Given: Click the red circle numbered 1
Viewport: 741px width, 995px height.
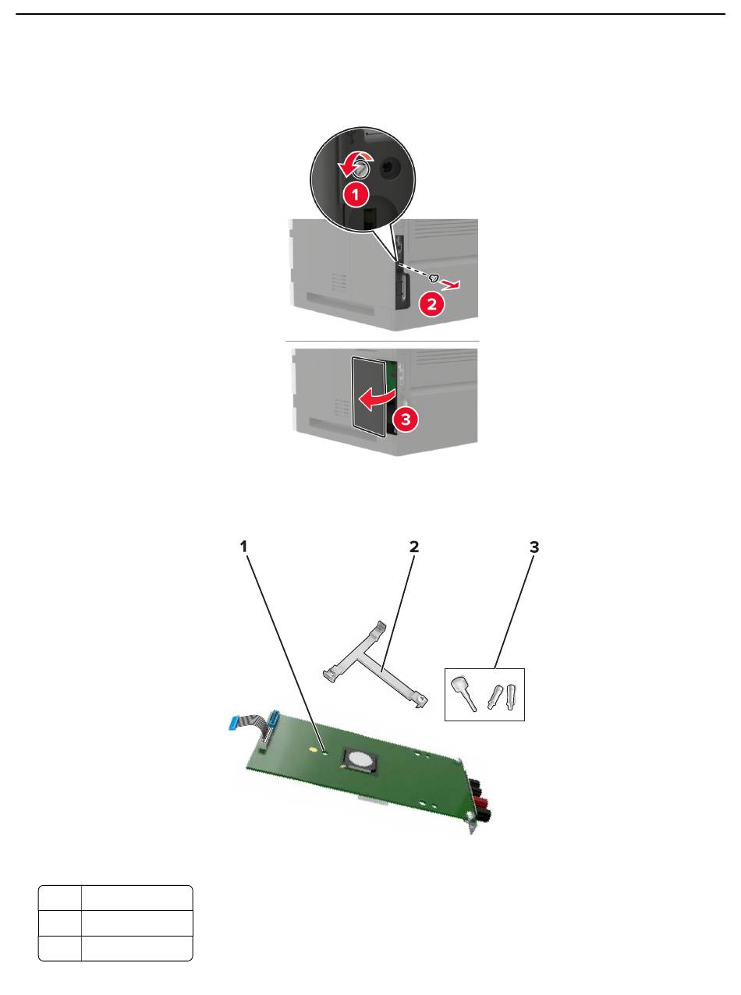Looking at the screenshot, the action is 356,195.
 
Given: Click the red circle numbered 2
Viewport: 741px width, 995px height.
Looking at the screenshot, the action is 431,304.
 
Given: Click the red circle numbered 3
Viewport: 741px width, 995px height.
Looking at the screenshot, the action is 406,420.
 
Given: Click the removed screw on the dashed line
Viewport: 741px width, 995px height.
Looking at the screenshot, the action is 434,278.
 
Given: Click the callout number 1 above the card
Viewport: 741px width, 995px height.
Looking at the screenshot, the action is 243,547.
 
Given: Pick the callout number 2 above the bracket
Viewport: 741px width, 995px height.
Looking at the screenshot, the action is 414,547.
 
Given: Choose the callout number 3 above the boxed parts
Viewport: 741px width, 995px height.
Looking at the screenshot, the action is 534,547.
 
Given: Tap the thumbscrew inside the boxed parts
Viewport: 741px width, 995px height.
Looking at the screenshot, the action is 463,693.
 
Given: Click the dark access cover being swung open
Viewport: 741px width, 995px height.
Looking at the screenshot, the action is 368,395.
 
